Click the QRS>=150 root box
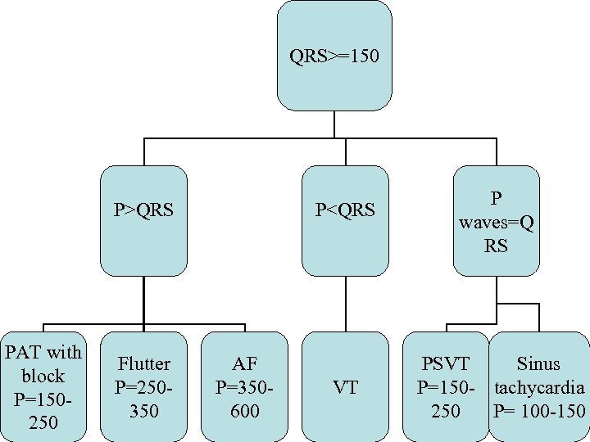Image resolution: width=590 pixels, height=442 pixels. (x=334, y=56)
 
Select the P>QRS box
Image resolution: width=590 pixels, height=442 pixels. (x=143, y=221)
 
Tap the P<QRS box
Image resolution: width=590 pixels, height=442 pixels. (x=345, y=221)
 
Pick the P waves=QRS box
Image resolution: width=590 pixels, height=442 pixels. (x=496, y=221)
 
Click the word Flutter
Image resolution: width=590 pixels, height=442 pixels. (x=143, y=363)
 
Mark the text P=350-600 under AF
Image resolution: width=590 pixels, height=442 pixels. (x=244, y=399)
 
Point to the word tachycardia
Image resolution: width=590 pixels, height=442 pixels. (x=539, y=387)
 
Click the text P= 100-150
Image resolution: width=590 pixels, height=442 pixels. (x=539, y=411)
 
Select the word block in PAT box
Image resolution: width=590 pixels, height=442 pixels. (x=43, y=376)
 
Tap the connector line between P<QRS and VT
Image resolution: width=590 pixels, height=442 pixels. (x=345, y=304)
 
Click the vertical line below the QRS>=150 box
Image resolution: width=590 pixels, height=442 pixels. (x=334, y=124)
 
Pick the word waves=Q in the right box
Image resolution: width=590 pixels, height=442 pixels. (x=496, y=222)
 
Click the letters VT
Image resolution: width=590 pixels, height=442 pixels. (x=345, y=387)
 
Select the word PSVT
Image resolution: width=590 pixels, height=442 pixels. (x=446, y=363)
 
